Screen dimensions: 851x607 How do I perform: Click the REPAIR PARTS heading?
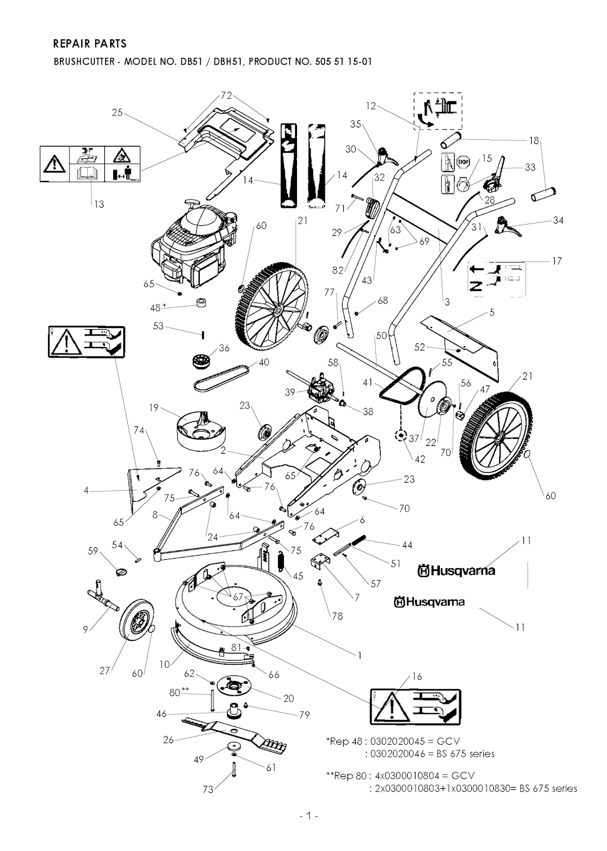click(x=90, y=43)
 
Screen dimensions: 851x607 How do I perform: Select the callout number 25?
click(x=117, y=112)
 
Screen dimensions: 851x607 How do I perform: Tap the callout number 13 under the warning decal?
click(x=98, y=204)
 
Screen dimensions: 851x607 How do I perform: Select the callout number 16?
click(x=417, y=677)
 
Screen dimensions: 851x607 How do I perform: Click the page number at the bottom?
click(x=309, y=816)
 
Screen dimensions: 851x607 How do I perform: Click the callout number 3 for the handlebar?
click(x=447, y=302)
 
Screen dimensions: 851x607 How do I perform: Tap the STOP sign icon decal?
click(x=463, y=161)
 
